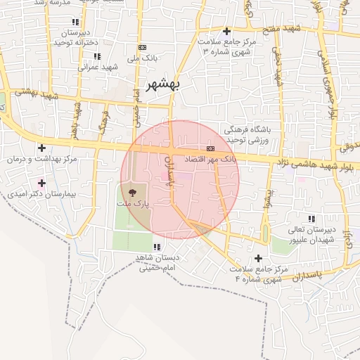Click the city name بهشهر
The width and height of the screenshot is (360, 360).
[164, 84]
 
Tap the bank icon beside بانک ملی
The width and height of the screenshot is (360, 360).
[143, 48]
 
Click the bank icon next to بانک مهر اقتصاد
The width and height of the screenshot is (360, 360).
[210, 148]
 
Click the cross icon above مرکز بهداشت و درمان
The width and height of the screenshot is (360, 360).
[42, 148]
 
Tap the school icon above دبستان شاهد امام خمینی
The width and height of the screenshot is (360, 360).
[156, 247]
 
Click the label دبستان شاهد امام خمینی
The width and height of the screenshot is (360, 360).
[159, 262]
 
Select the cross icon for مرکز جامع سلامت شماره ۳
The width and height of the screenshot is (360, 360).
[226, 31]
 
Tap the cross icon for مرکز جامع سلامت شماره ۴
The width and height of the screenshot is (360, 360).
[259, 257]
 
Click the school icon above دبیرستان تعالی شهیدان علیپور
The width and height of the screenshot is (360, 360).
[311, 219]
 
